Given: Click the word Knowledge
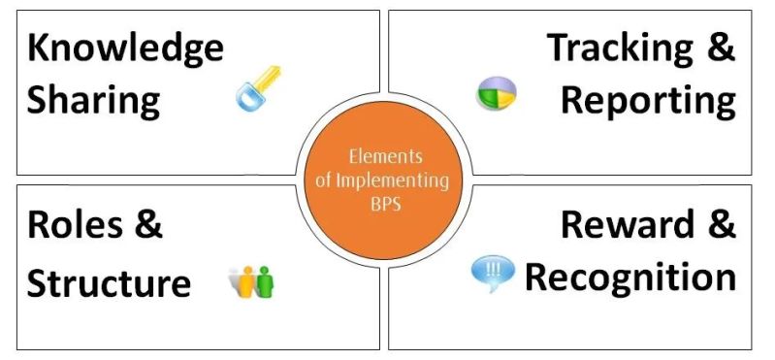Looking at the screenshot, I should (x=125, y=49).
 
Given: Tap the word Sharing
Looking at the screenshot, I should (x=93, y=99).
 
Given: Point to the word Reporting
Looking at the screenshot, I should (x=647, y=99).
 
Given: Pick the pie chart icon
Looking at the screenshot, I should (x=496, y=94).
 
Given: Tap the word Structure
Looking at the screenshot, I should (x=109, y=282).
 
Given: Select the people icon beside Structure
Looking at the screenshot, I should (x=251, y=280).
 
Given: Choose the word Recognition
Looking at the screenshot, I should (x=630, y=277).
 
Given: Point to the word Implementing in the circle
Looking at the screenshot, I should (x=396, y=180).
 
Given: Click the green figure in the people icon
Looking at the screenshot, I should (x=263, y=281).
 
